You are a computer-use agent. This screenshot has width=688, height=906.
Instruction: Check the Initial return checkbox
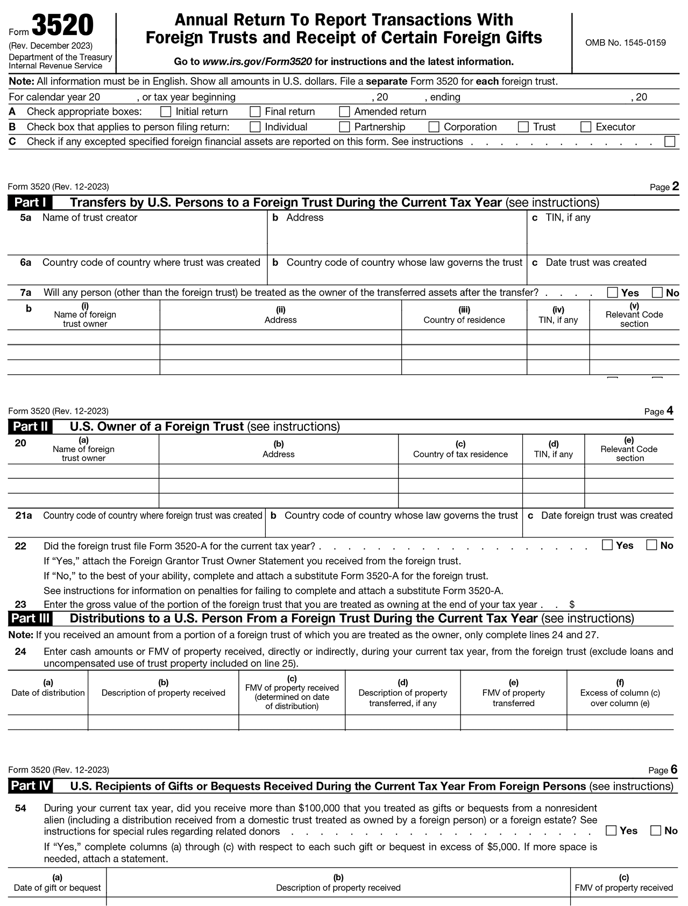[x=166, y=112]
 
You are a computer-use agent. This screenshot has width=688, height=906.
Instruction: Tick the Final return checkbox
[x=256, y=112]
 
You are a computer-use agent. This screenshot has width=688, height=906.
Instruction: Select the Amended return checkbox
[x=345, y=112]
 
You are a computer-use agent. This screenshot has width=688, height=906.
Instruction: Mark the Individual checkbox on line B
[x=256, y=127]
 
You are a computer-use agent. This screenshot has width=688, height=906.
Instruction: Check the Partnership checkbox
[x=345, y=127]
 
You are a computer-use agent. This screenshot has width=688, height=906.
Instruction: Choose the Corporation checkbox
[x=434, y=127]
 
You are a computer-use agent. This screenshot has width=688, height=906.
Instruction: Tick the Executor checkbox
[x=586, y=127]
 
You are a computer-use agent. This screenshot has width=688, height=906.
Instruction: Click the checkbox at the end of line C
[x=670, y=142]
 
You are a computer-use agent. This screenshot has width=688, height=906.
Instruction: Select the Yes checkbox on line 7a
[x=612, y=293]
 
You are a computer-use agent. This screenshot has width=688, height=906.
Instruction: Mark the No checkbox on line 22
[x=652, y=545]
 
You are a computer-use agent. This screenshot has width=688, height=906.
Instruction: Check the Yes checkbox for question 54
[x=611, y=830]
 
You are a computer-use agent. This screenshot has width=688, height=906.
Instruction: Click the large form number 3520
[x=62, y=26]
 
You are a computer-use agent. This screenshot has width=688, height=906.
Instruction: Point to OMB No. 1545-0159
[x=625, y=43]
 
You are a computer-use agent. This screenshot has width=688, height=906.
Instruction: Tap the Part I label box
[x=30, y=203]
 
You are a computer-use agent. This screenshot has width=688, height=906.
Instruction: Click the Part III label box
[x=30, y=619]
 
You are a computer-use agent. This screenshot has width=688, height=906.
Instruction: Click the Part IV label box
[x=31, y=786]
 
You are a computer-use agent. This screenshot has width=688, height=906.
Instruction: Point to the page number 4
[x=670, y=411]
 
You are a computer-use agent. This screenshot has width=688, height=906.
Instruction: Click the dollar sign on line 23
[x=572, y=605]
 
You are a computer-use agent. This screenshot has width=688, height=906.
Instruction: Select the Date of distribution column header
[x=48, y=692]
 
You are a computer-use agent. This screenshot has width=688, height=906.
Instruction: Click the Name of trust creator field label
[x=90, y=217]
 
